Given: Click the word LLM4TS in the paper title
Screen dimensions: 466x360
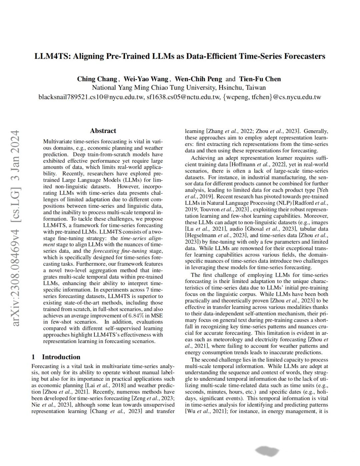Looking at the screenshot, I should pyautogui.click(x=52, y=56).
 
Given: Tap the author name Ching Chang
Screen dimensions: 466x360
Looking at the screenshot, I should pyautogui.click(x=97, y=79).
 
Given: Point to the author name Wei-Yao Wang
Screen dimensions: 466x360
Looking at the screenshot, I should pyautogui.click(x=146, y=79).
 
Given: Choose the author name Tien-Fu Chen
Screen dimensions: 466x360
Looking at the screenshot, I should pyautogui.click(x=260, y=79).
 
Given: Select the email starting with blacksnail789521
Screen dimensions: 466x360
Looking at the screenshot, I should pyautogui.click(x=91, y=97).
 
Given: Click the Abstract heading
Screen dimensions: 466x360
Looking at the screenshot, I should pyautogui.click(x=103, y=131).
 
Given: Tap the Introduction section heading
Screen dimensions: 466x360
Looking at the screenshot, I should pyautogui.click(x=61, y=357).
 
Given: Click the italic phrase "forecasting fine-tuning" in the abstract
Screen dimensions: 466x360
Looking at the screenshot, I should pyautogui.click(x=120, y=251).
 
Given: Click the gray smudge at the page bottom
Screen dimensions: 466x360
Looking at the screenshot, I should pyautogui.click(x=267, y=451).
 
